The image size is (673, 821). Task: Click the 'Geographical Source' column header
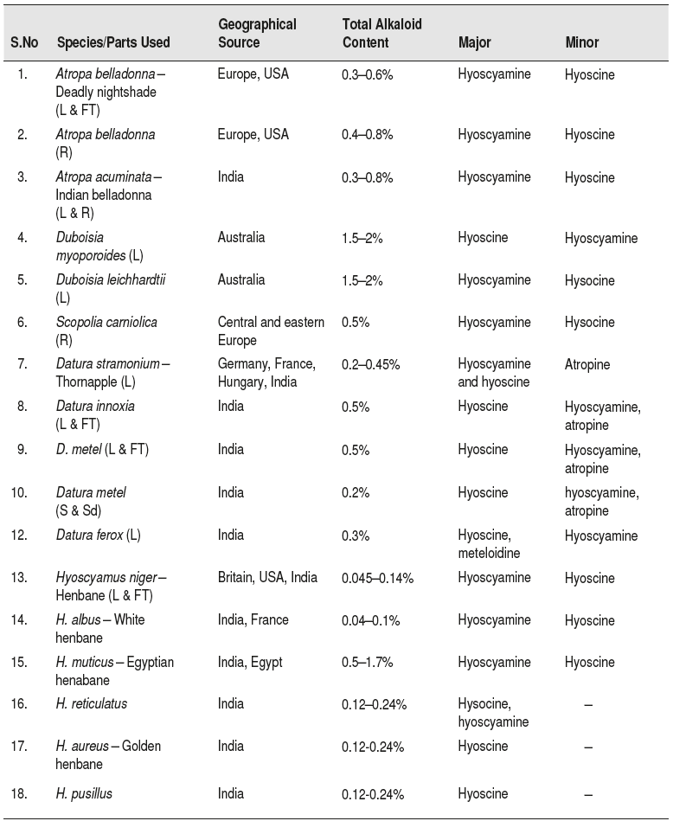(257, 33)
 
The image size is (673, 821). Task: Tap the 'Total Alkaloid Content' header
(381, 33)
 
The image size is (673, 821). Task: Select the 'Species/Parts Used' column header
(113, 42)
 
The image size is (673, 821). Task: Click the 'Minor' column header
(581, 42)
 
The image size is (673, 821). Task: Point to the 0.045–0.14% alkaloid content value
(377, 578)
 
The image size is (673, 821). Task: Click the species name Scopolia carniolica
(106, 323)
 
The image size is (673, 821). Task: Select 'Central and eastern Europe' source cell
(271, 331)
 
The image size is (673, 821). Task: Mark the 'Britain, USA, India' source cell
(267, 578)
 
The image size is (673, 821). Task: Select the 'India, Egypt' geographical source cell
(250, 662)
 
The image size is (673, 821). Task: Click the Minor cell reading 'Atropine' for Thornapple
(587, 365)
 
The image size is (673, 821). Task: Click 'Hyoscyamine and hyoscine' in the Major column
(494, 373)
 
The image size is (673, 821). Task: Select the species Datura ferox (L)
(98, 536)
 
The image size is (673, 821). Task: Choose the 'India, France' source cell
(253, 619)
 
